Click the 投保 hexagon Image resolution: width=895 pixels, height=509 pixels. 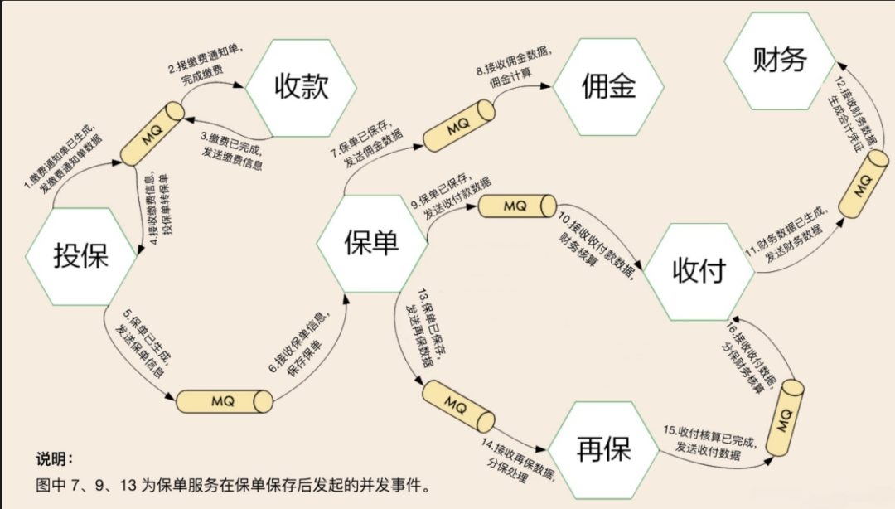pos(81,254)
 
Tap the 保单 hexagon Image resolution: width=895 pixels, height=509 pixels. pos(371,241)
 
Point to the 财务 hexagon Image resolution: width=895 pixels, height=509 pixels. pos(780,61)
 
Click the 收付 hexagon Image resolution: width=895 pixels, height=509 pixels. pos(699,271)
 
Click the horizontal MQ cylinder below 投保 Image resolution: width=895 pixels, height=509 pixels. pos(225,401)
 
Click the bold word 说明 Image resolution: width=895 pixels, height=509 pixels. pos(55,459)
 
